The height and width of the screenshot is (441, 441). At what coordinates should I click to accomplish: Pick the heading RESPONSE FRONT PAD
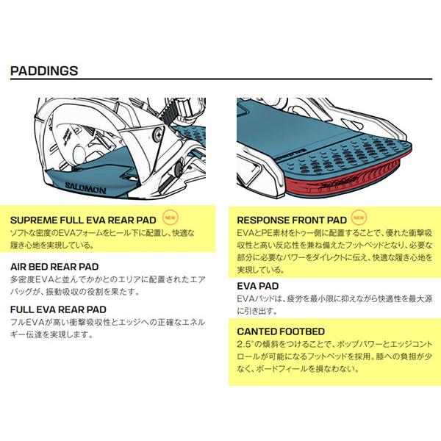point(291,219)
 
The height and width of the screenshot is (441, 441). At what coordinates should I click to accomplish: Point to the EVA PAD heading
point(257,287)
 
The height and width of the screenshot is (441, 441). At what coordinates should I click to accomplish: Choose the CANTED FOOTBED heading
point(281,331)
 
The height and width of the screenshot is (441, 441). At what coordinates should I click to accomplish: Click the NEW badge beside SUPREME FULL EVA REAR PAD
point(169,218)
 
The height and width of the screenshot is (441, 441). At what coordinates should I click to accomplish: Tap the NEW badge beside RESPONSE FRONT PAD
point(358,218)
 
